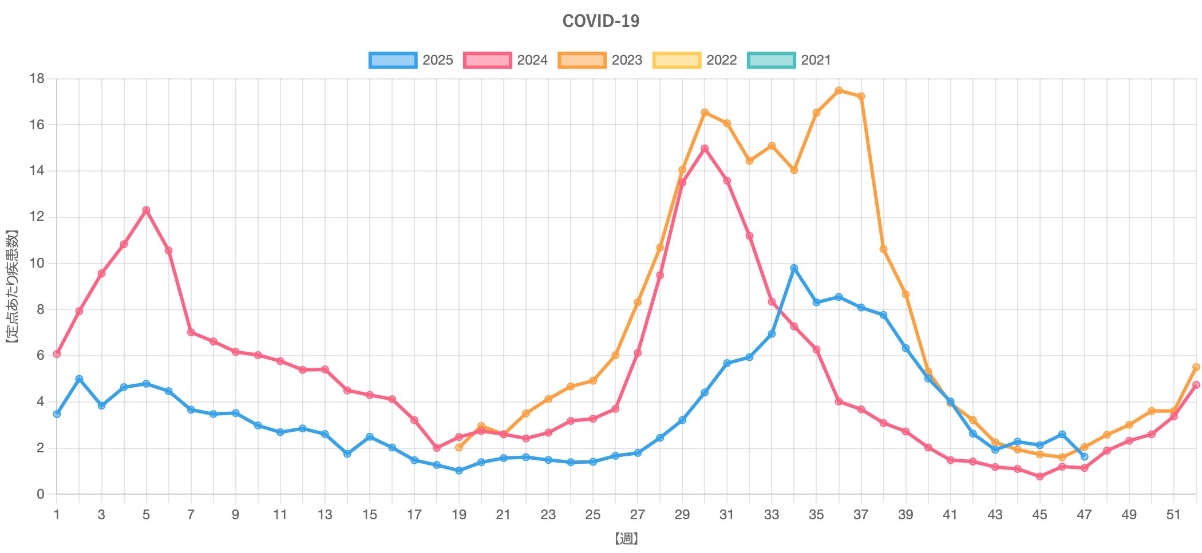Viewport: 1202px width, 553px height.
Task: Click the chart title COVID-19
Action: click(600, 21)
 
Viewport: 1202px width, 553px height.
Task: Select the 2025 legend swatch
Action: click(393, 60)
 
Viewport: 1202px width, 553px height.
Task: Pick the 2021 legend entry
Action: click(789, 60)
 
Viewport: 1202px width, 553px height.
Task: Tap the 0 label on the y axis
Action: click(40, 494)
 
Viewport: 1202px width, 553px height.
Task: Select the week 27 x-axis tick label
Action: click(637, 515)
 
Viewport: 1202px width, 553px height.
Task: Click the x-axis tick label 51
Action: click(1173, 515)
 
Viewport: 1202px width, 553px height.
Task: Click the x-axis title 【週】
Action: click(626, 539)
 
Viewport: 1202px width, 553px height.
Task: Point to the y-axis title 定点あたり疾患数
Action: click(12, 286)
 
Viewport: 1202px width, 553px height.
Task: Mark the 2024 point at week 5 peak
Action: click(146, 210)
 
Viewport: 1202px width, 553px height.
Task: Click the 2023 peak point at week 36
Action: click(839, 90)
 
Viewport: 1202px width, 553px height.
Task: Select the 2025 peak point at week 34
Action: click(794, 268)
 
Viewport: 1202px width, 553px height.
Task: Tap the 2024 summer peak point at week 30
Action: click(705, 148)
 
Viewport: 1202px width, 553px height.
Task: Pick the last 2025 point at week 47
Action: click(1084, 456)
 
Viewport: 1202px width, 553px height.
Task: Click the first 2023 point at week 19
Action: click(458, 447)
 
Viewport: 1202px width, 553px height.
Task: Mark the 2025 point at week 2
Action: click(79, 379)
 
